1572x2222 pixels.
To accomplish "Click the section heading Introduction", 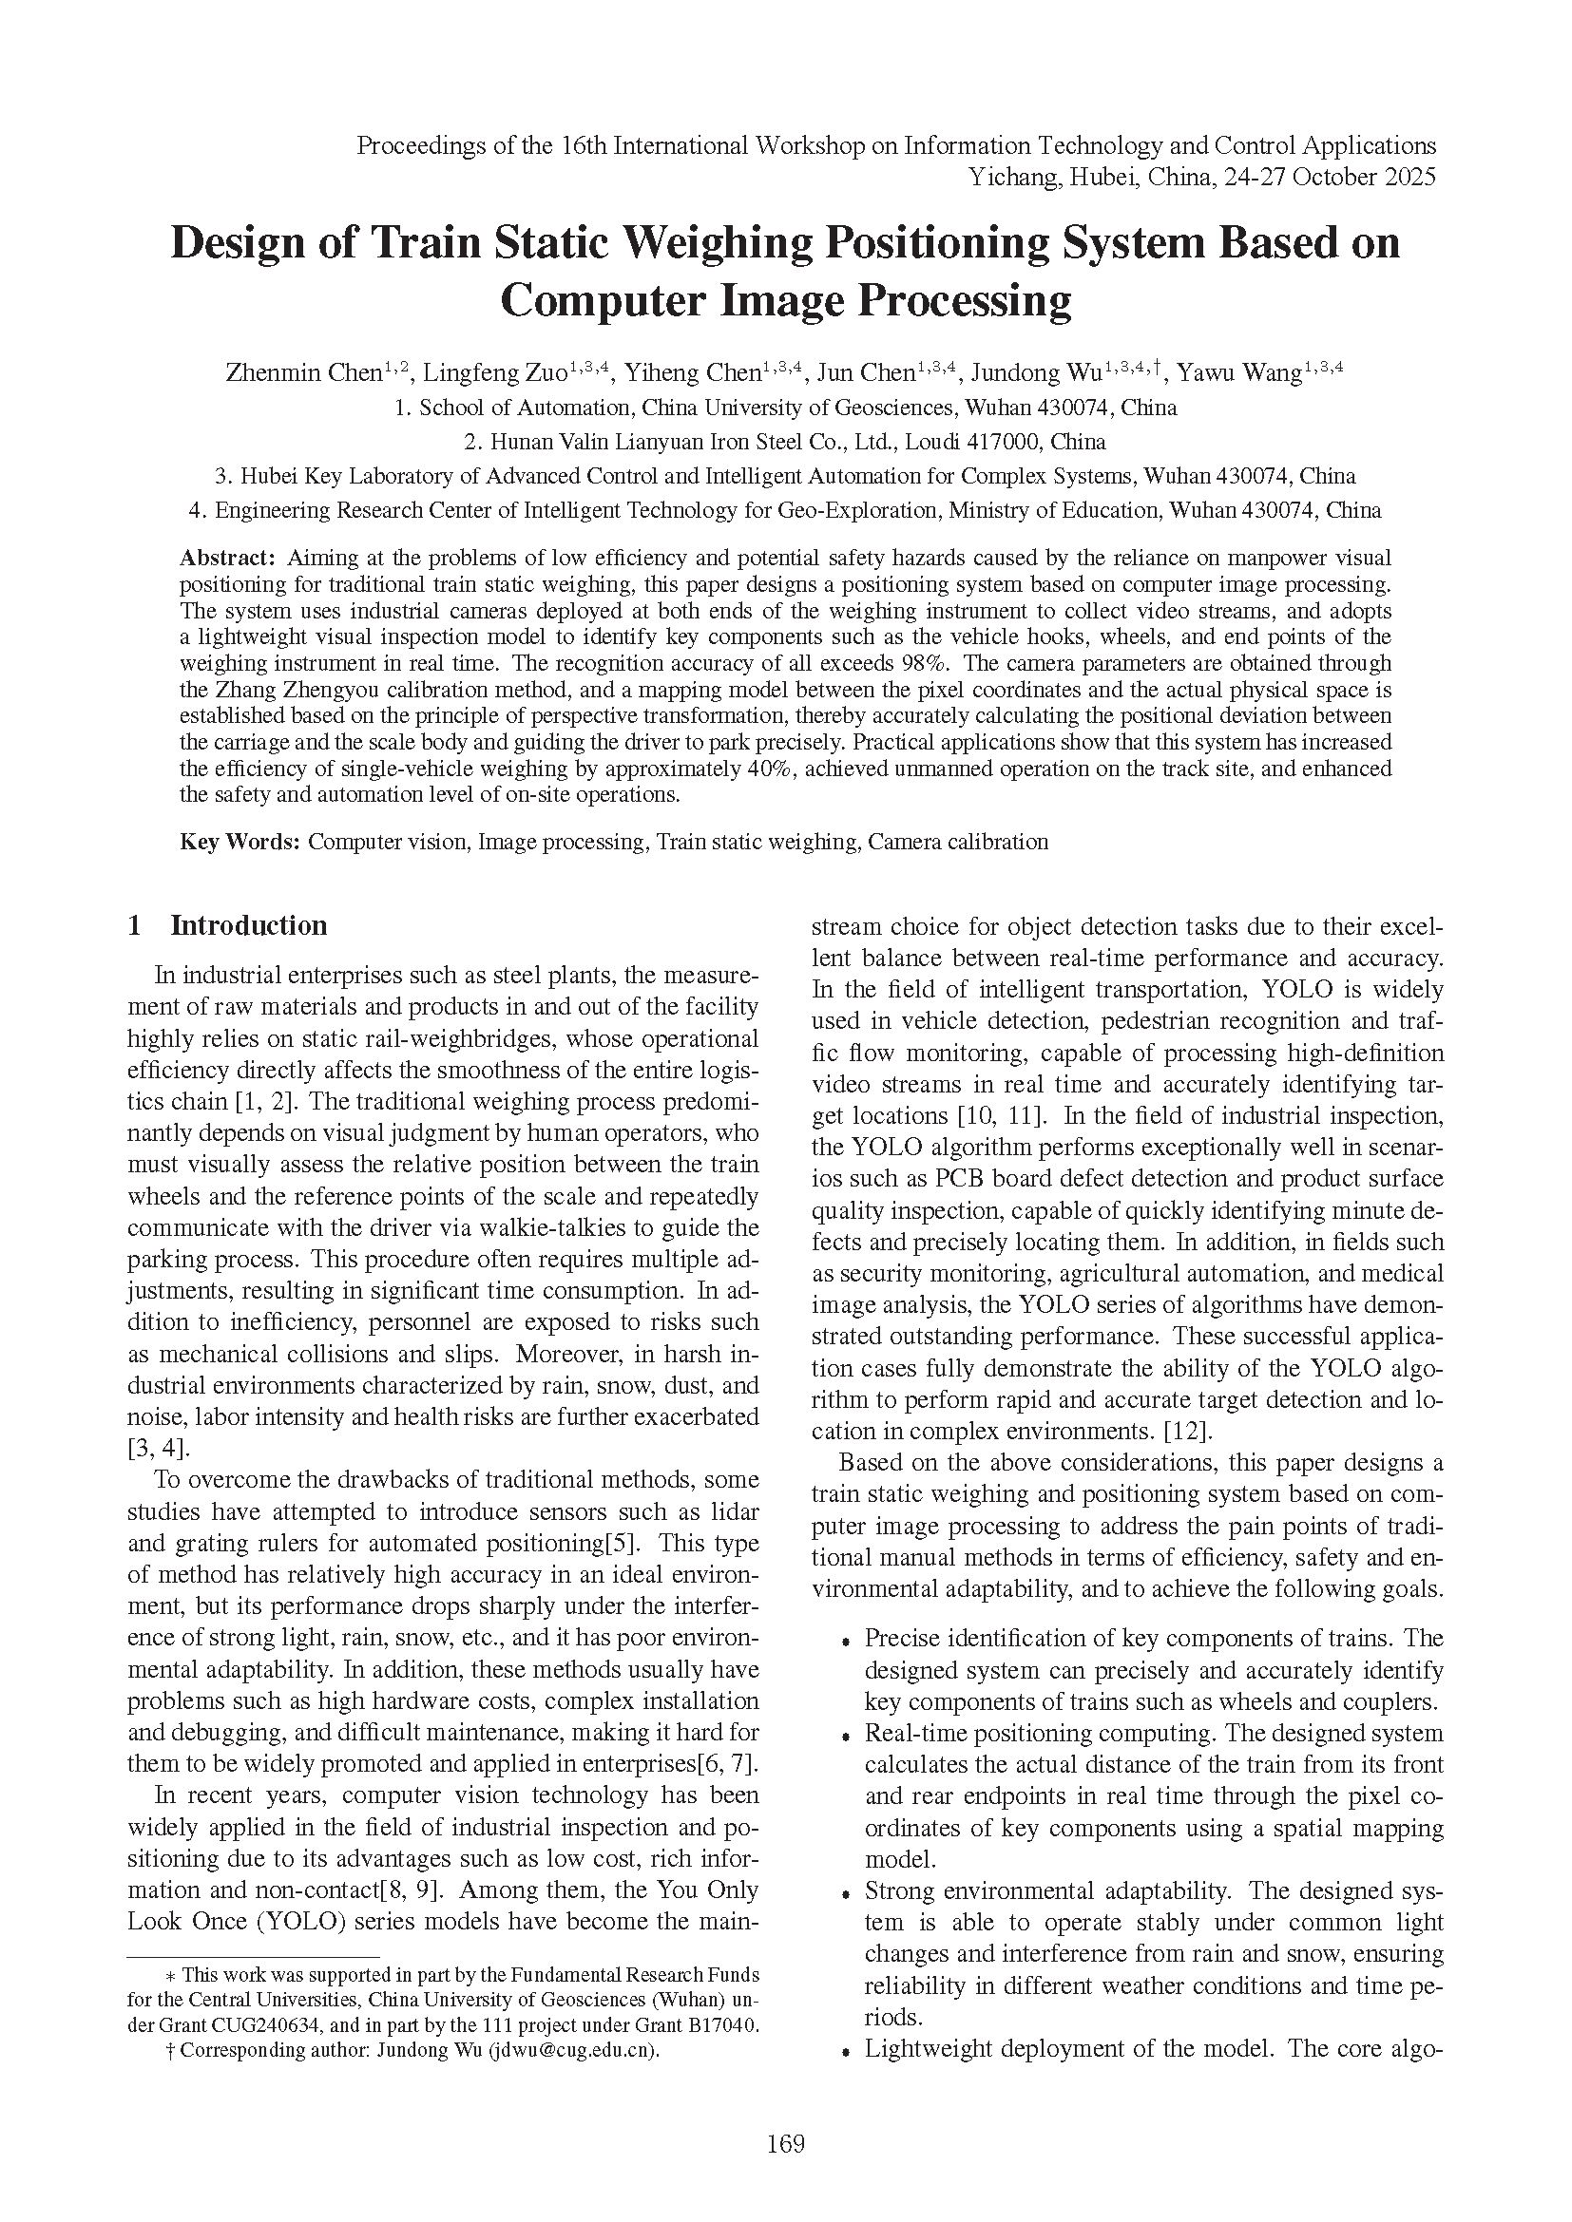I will (249, 925).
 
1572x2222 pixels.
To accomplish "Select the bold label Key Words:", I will (240, 841).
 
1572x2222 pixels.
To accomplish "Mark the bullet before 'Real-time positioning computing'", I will (846, 1736).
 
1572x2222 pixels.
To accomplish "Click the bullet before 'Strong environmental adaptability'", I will (846, 1893).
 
